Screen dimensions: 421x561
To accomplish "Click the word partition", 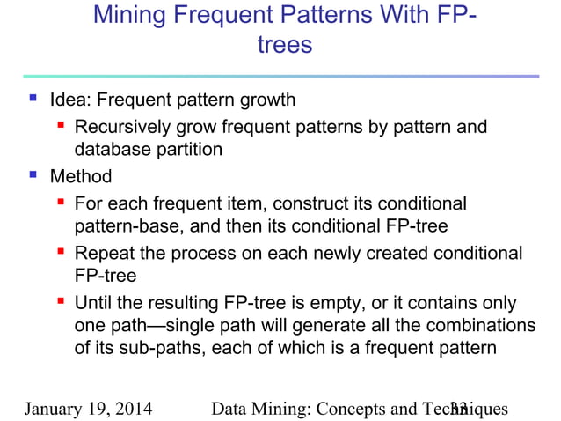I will tap(186, 149).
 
